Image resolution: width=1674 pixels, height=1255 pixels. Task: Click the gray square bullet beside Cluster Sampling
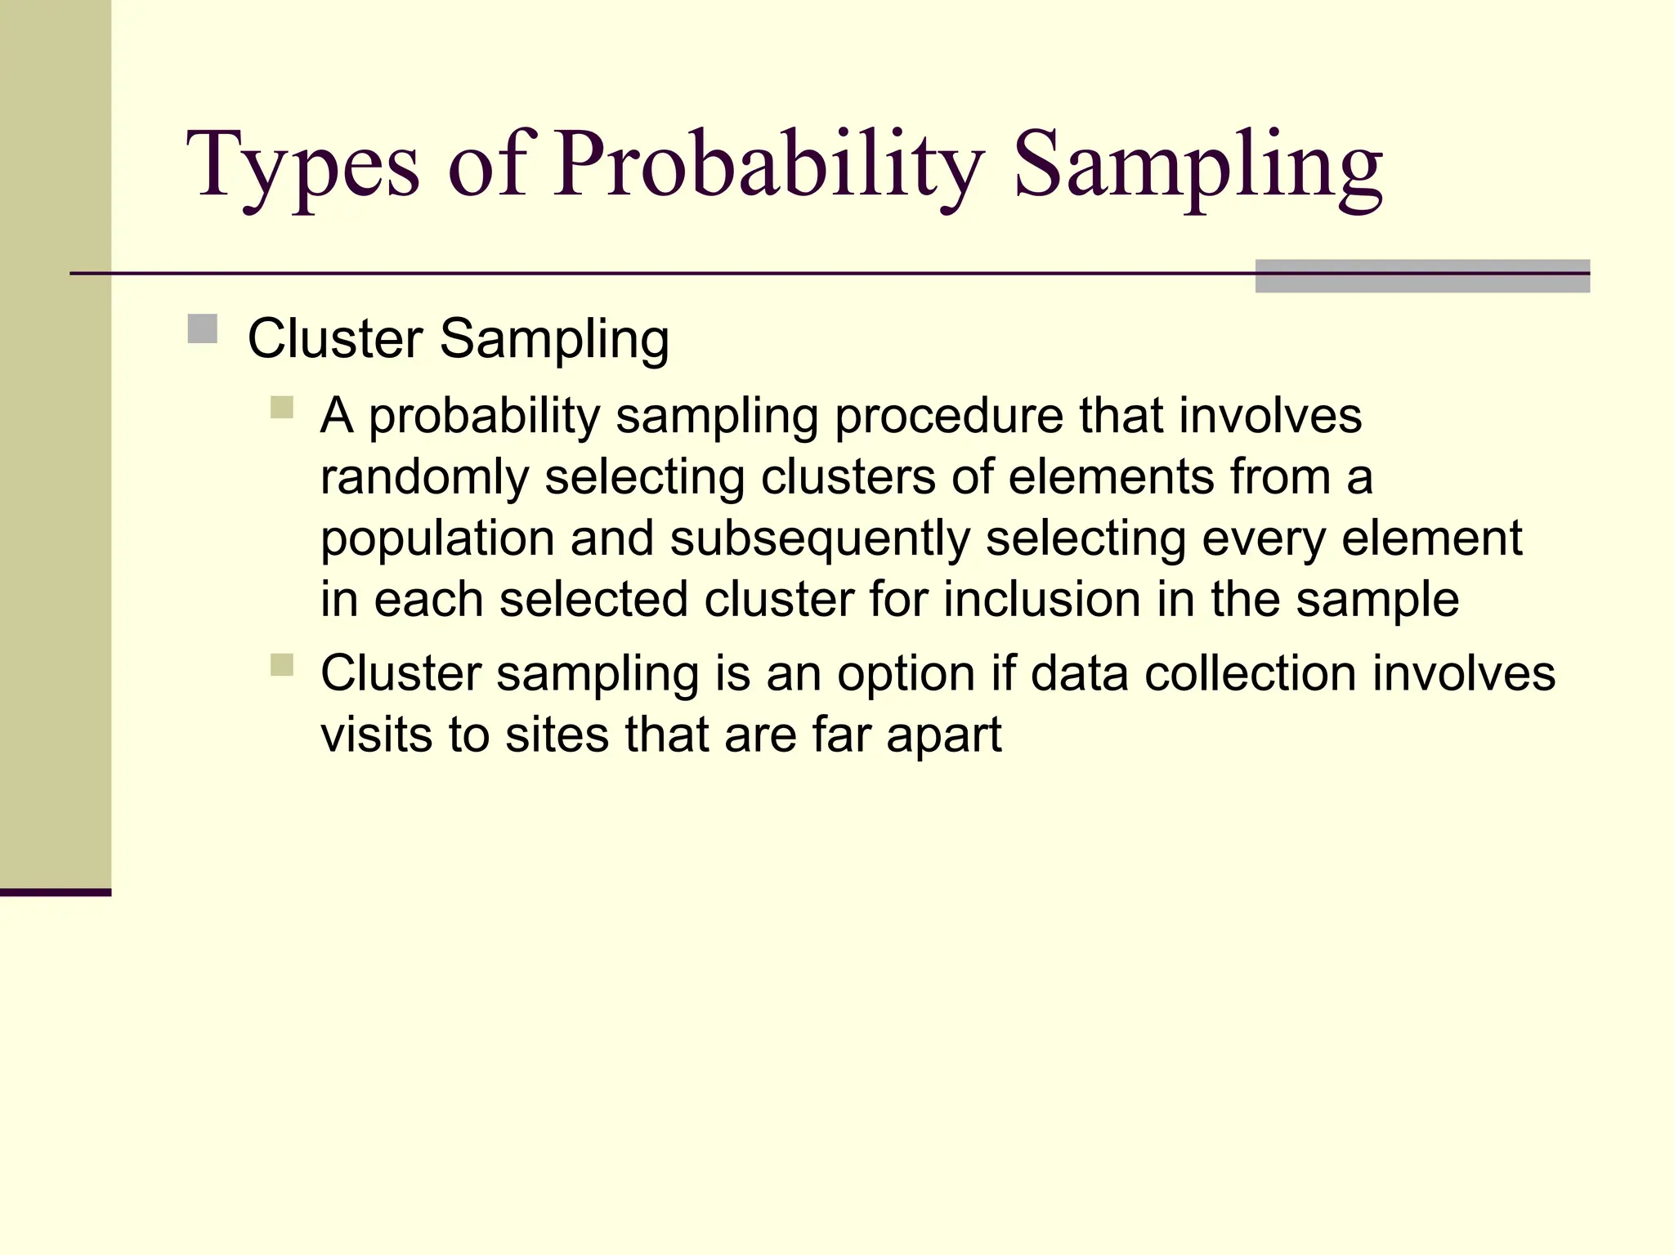pyautogui.click(x=202, y=329)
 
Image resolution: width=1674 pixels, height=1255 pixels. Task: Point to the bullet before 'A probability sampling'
pyautogui.click(x=282, y=407)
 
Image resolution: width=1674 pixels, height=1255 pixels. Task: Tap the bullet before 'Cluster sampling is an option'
pyautogui.click(x=282, y=664)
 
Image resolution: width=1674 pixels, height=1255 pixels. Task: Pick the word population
pyautogui.click(x=437, y=538)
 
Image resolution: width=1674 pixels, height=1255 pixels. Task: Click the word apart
pyautogui.click(x=943, y=735)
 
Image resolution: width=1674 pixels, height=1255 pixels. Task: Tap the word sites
pyautogui.click(x=557, y=735)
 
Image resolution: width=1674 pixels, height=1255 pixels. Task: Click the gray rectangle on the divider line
pyautogui.click(x=1421, y=276)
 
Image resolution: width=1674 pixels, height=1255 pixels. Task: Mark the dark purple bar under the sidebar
pyautogui.click(x=55, y=892)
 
